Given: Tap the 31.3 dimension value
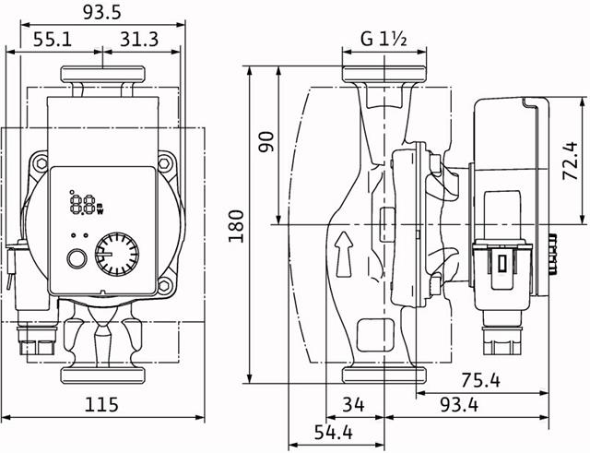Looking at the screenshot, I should [x=141, y=40].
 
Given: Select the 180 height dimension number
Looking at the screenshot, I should [x=237, y=222].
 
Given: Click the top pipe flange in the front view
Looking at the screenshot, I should [x=100, y=76].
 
